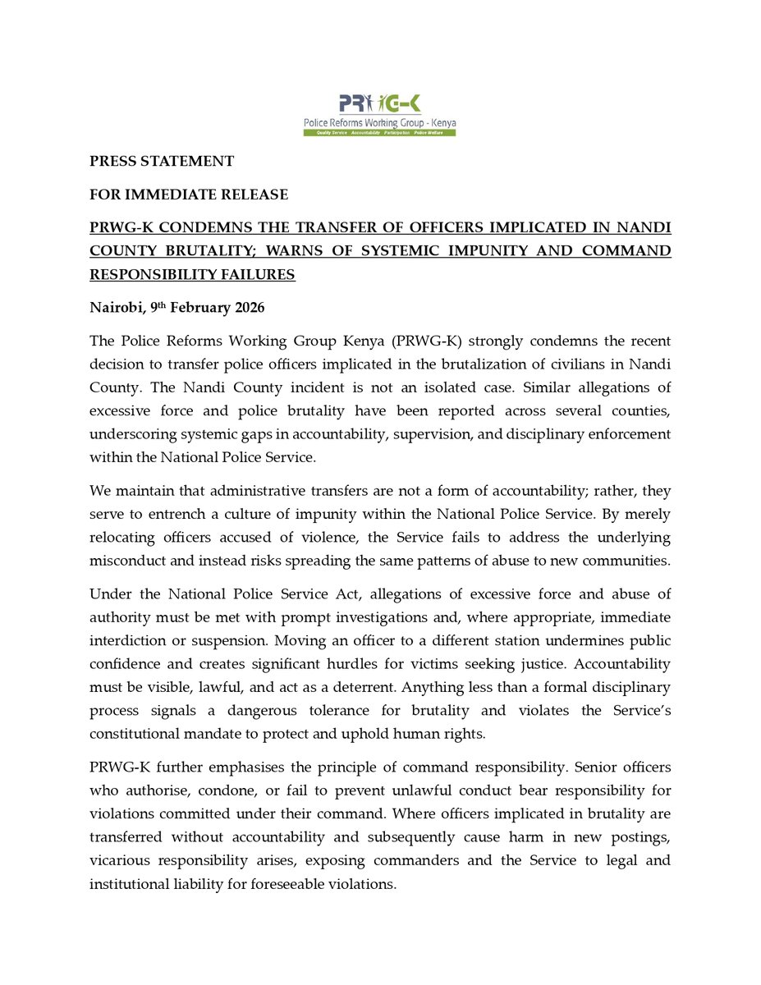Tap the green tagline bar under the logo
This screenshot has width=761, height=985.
pos(379,132)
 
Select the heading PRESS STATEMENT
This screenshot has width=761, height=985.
pos(162,162)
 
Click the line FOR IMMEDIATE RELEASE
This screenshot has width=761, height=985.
pos(189,195)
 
